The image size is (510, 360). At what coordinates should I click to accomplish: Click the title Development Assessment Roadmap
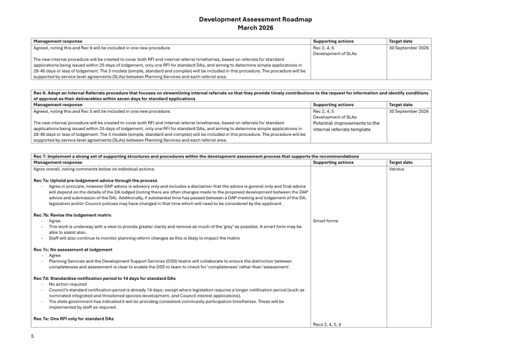point(255,19)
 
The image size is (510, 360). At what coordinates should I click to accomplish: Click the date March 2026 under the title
point(255,27)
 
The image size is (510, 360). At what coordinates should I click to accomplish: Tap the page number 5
point(33,336)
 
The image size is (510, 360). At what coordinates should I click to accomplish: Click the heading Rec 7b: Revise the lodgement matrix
point(73,215)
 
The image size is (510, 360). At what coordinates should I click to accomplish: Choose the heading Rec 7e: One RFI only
point(74,319)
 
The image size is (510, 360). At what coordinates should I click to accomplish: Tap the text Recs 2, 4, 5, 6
point(326,324)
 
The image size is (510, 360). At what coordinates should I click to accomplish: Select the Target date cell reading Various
point(397,169)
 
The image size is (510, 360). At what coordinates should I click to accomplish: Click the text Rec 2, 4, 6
point(324,48)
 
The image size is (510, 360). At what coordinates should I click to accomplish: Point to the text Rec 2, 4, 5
point(324,111)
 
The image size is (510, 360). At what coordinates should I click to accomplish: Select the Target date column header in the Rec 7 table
point(401,163)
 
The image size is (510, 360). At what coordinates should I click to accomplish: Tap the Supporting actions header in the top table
point(333,41)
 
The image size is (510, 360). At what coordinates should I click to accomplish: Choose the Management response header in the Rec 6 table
point(58,105)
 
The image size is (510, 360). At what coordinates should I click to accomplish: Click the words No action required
point(68,285)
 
